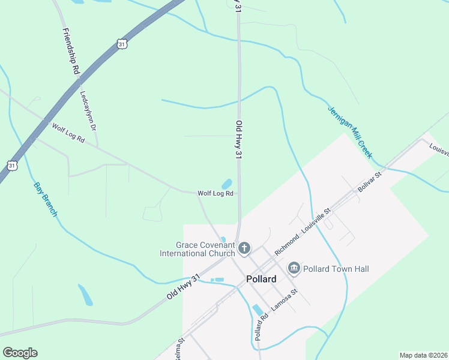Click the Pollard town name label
(x=261, y=279)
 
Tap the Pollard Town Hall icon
(x=294, y=268)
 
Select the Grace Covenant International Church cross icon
(x=244, y=248)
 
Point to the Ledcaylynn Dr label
(x=88, y=110)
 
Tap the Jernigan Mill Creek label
(x=350, y=133)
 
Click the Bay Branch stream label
(x=45, y=199)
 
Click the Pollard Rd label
(x=258, y=327)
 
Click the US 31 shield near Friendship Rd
(x=122, y=44)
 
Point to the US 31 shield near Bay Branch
(x=12, y=164)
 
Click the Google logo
(x=20, y=353)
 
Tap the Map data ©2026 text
(x=423, y=355)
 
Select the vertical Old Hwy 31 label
(x=238, y=140)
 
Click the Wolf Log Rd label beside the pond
(x=215, y=193)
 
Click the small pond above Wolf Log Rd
(x=227, y=184)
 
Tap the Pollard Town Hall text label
(x=332, y=268)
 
